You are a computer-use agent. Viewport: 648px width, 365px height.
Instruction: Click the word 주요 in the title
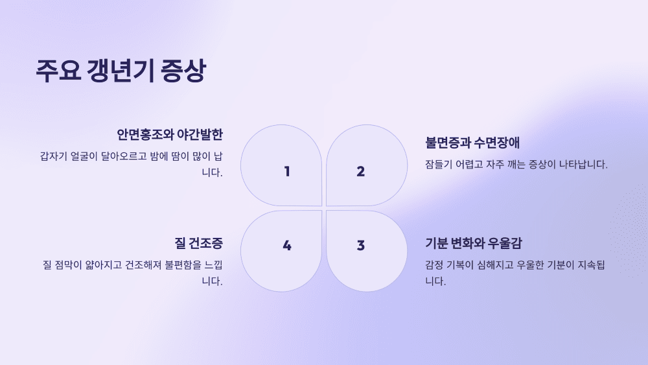tap(58, 71)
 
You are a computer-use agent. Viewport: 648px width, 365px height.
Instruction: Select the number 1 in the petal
tap(287, 171)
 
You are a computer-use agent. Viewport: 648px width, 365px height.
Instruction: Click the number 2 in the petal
tap(361, 171)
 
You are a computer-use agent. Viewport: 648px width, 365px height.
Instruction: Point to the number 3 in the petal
tap(361, 245)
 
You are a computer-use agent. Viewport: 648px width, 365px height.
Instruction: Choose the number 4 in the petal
tap(287, 245)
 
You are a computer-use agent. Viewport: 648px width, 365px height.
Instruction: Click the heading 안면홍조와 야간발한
tap(170, 135)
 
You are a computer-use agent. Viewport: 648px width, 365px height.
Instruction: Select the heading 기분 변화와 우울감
tap(474, 244)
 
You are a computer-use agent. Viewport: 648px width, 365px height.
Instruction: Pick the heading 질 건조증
tap(198, 244)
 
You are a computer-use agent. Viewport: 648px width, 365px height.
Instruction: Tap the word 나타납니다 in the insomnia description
tap(581, 165)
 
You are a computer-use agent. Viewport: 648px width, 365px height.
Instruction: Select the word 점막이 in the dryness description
tap(67, 265)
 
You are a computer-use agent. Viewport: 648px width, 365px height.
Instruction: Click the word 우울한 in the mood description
tap(533, 265)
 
